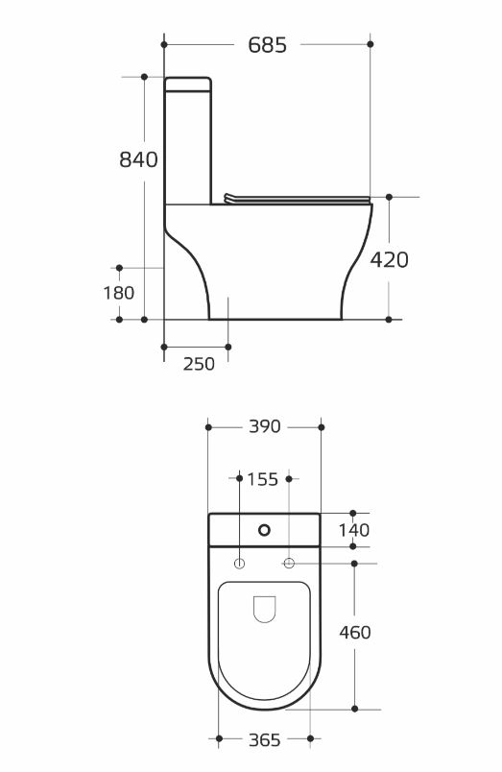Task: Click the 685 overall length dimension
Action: pyautogui.click(x=267, y=45)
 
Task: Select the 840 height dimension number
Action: pyautogui.click(x=138, y=159)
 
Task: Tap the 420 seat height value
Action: pyautogui.click(x=390, y=259)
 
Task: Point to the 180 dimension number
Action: pyautogui.click(x=119, y=293)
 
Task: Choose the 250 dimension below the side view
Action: pyautogui.click(x=199, y=364)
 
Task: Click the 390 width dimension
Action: pyautogui.click(x=265, y=426)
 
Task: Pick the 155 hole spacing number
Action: pyautogui.click(x=263, y=479)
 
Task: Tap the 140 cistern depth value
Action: pyautogui.click(x=354, y=530)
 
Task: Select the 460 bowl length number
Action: pyautogui.click(x=355, y=632)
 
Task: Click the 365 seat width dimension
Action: pyautogui.click(x=265, y=739)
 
